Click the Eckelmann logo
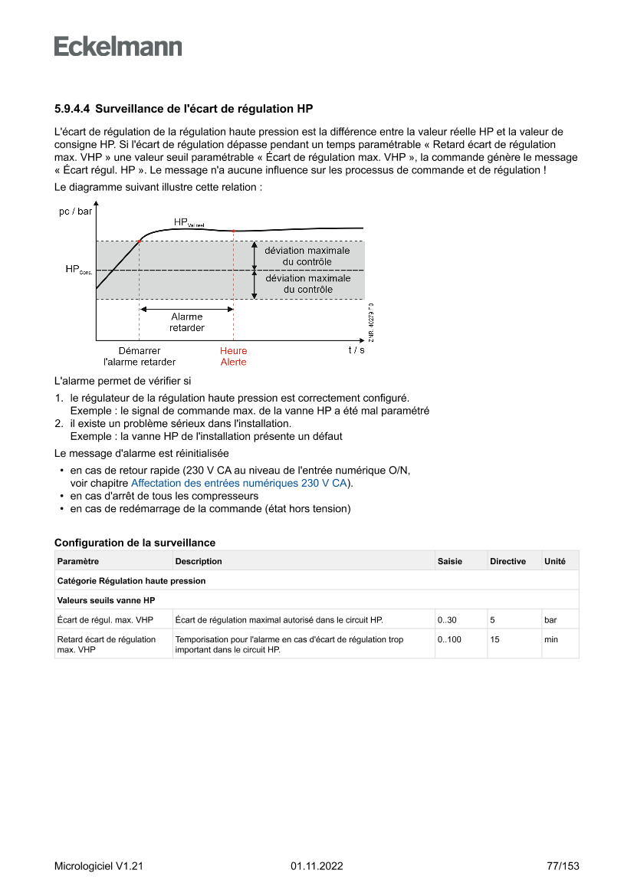[x=118, y=46]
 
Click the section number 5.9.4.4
[x=72, y=109]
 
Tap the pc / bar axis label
[x=75, y=212]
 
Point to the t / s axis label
[x=356, y=350]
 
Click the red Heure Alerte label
[x=233, y=356]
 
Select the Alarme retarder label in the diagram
[x=186, y=322]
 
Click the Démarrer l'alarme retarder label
[x=140, y=356]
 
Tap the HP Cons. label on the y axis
[x=78, y=270]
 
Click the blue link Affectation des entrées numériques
[x=239, y=484]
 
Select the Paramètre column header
[x=78, y=562]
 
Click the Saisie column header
[x=450, y=562]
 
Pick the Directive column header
[x=508, y=562]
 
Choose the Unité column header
[x=555, y=562]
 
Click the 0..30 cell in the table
[x=447, y=620]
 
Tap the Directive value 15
[x=495, y=639]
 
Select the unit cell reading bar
[x=550, y=620]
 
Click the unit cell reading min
[x=551, y=639]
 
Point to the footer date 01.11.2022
[x=317, y=867]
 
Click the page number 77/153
[x=563, y=867]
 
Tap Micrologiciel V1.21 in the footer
[x=99, y=867]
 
